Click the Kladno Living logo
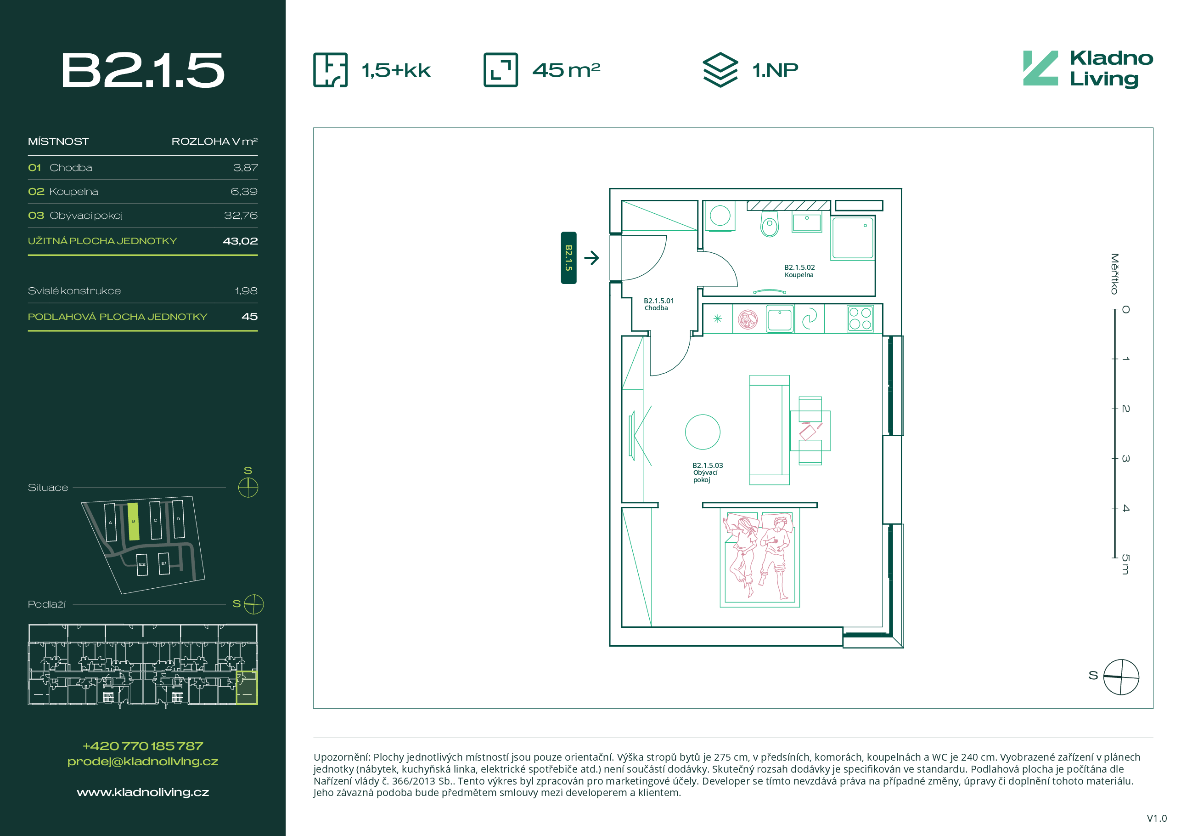pyautogui.click(x=1087, y=69)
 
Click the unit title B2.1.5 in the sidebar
pyautogui.click(x=142, y=70)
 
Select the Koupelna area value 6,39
pyautogui.click(x=244, y=192)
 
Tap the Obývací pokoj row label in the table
pyautogui.click(x=86, y=216)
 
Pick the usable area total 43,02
pyautogui.click(x=240, y=241)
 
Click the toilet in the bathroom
pyautogui.click(x=770, y=224)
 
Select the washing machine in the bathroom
pyautogui.click(x=720, y=216)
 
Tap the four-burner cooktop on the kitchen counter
pyautogui.click(x=860, y=318)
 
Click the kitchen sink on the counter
pyautogui.click(x=780, y=319)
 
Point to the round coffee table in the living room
pyautogui.click(x=703, y=432)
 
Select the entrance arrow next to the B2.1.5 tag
pyautogui.click(x=591, y=257)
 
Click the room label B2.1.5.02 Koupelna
pyautogui.click(x=799, y=271)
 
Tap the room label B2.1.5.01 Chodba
pyautogui.click(x=658, y=304)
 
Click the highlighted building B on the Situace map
pyautogui.click(x=133, y=522)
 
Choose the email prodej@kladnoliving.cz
pyautogui.click(x=142, y=762)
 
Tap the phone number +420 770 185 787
pyautogui.click(x=142, y=746)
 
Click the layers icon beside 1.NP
pyautogui.click(x=720, y=69)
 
